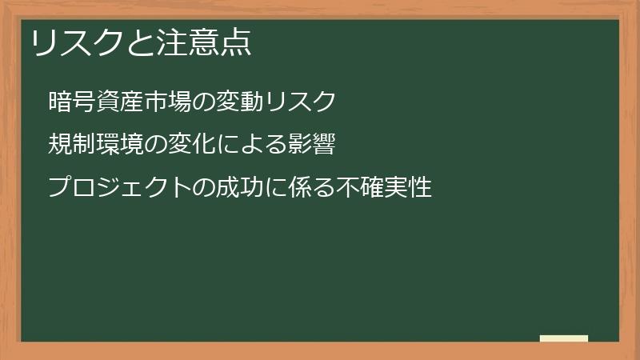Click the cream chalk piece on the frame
point(564,339)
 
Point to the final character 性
point(420,188)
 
